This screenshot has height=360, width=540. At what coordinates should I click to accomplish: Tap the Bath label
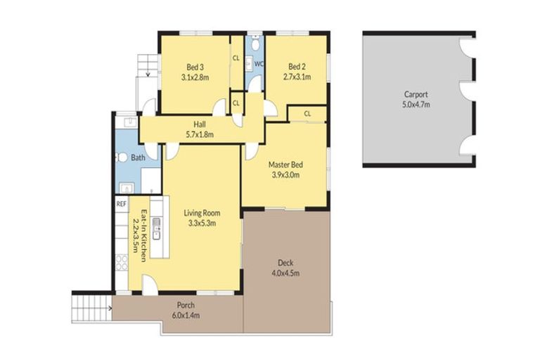[138, 157]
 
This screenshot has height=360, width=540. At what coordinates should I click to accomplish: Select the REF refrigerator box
[121, 204]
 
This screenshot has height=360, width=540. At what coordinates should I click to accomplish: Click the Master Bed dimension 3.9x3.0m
[284, 175]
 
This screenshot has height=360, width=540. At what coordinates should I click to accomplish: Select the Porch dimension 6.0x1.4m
[186, 316]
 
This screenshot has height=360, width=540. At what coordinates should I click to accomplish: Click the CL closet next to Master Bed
[308, 113]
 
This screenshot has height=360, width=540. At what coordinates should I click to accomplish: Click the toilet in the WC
[258, 47]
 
